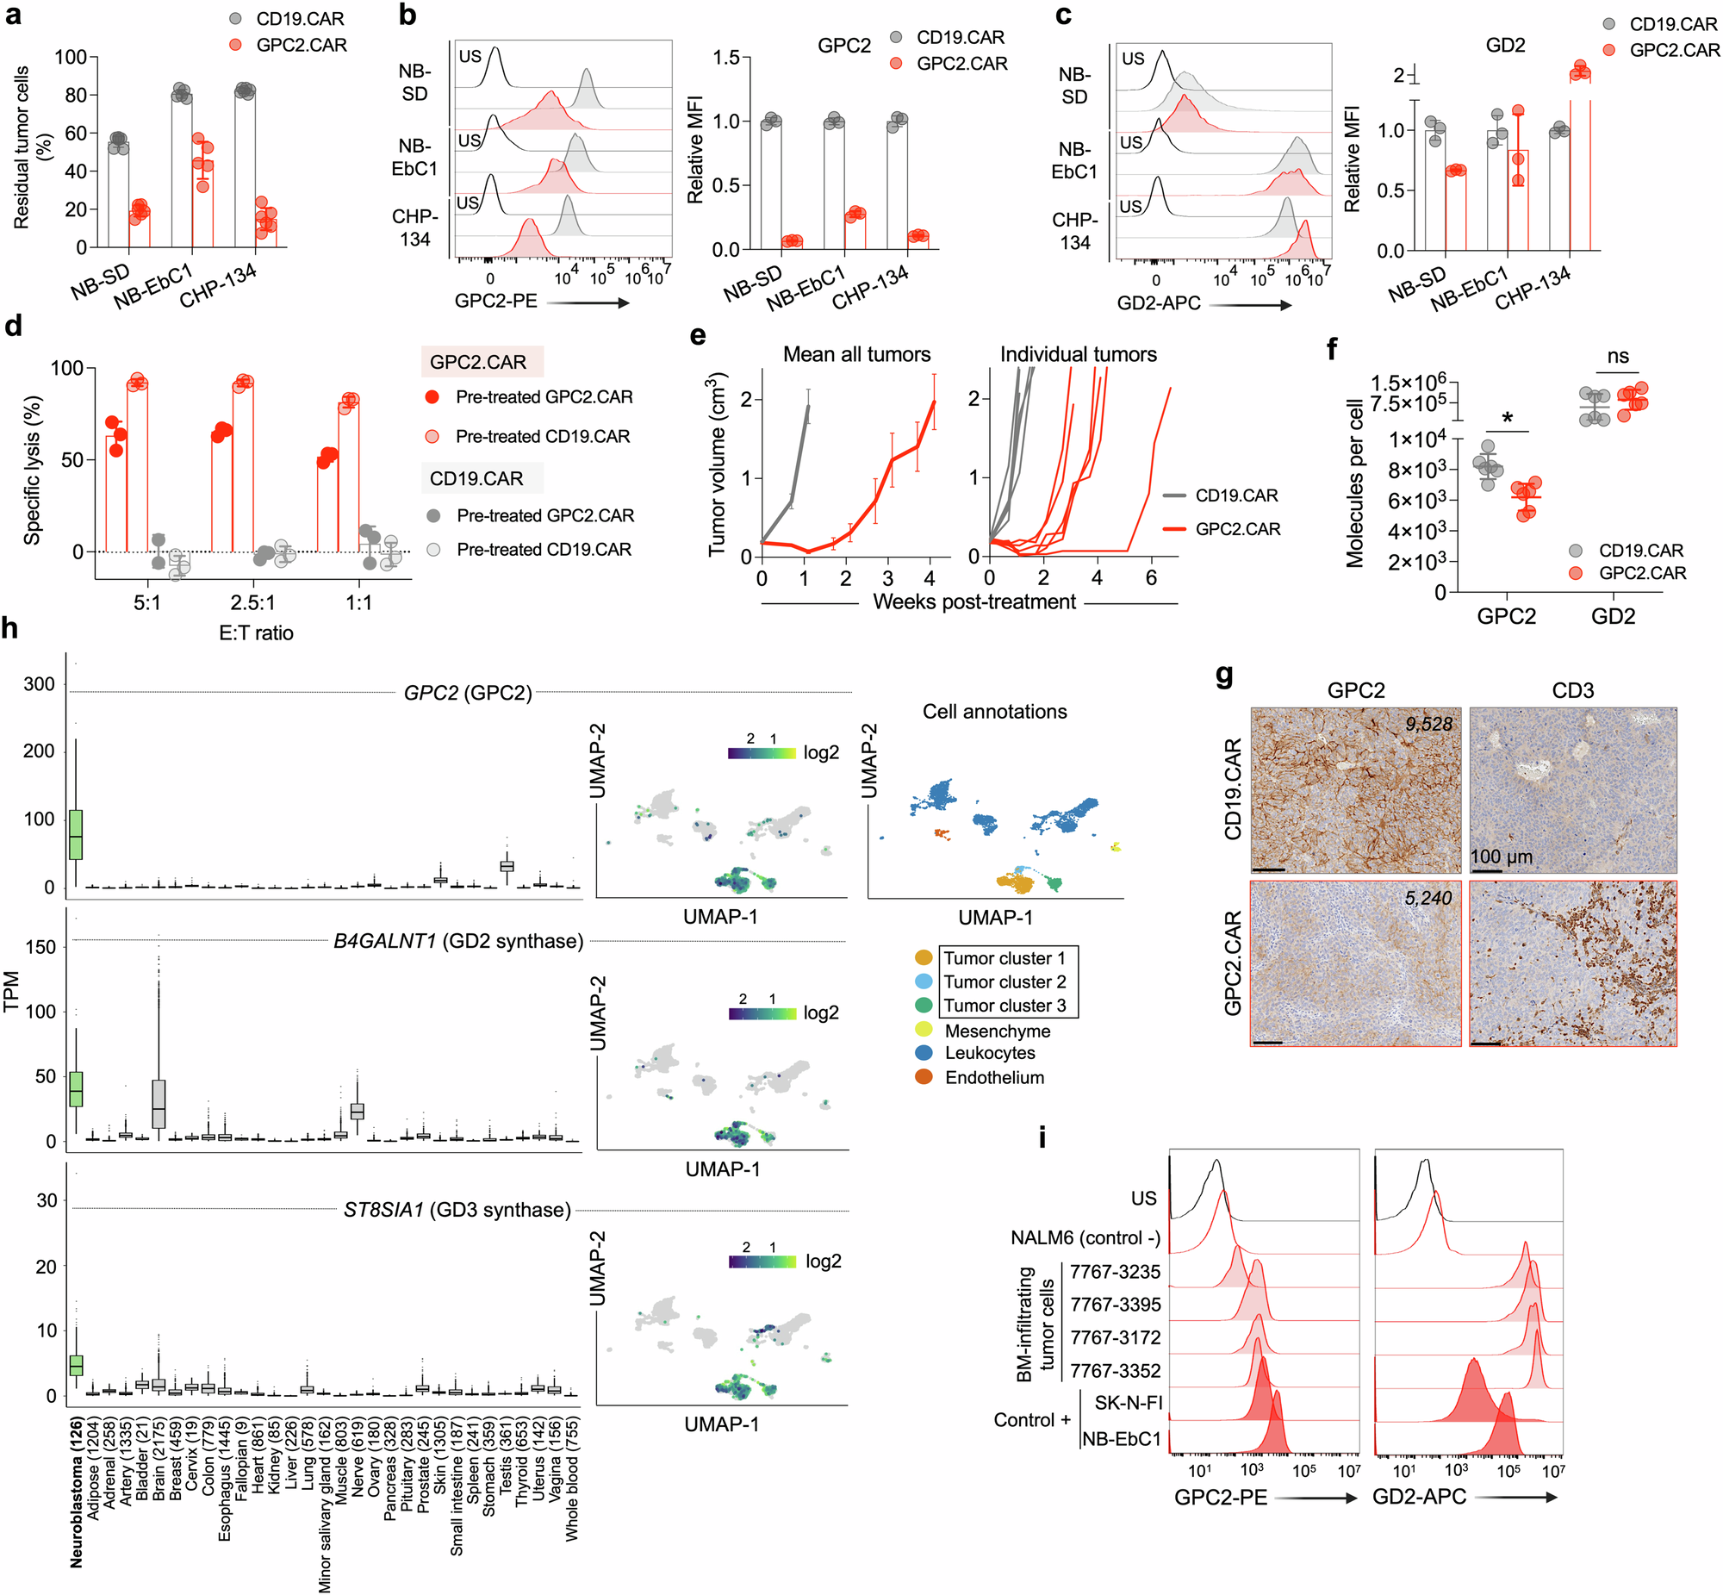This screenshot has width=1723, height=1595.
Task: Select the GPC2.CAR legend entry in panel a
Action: (x=301, y=45)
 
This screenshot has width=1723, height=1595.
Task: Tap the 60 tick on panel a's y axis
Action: (x=76, y=133)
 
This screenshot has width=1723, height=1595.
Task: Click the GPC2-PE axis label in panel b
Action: (x=495, y=301)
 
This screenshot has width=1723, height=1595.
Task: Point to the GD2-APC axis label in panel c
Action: (x=1159, y=303)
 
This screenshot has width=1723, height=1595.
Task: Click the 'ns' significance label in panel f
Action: (x=1618, y=356)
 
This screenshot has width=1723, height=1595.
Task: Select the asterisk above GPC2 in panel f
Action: (x=1508, y=419)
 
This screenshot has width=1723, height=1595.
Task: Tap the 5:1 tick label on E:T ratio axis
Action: (x=146, y=602)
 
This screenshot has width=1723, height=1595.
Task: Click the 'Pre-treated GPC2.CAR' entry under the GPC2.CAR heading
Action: (x=544, y=397)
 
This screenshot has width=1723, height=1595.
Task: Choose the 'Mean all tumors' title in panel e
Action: (x=855, y=354)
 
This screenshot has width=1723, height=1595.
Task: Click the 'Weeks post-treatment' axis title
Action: (x=974, y=601)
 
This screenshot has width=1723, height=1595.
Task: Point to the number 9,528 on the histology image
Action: (x=1428, y=724)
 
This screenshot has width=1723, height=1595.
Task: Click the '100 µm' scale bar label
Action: (x=1502, y=857)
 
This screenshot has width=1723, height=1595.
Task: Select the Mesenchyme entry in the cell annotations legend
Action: (x=997, y=1031)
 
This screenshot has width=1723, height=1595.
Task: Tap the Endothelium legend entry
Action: (x=994, y=1077)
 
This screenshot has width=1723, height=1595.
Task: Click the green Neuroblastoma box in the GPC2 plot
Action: (x=76, y=835)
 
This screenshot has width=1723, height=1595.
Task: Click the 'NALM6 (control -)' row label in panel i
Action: (x=1085, y=1237)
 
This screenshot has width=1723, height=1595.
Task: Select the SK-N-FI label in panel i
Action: (x=1128, y=1403)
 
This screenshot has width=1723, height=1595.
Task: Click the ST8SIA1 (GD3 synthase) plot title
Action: (x=457, y=1210)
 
